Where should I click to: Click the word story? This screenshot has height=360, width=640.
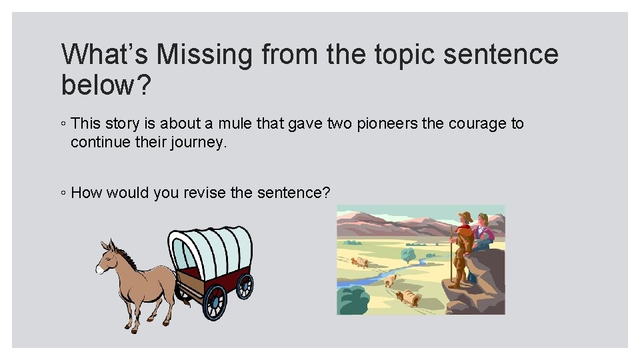tap(119, 123)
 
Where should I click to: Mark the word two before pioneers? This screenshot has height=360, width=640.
tap(304, 123)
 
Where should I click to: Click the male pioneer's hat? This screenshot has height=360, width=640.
tap(465, 216)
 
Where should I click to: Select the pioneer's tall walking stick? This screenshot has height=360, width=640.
tap(453, 257)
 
